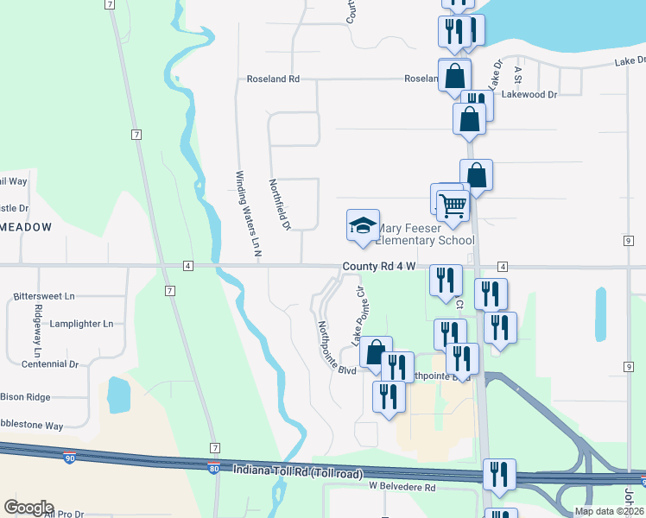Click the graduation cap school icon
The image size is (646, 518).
363,226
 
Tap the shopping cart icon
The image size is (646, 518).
453,205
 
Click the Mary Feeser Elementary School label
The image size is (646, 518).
425,235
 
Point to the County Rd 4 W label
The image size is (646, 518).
379,267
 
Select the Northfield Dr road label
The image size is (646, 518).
280,205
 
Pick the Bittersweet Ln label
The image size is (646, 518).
44,296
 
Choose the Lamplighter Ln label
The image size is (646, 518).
81,324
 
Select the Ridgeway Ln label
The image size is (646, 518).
37,331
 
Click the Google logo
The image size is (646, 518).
28,508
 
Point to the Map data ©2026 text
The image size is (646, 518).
609,511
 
